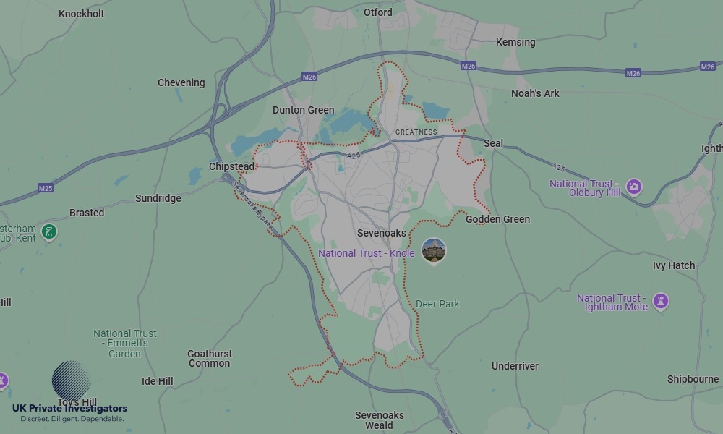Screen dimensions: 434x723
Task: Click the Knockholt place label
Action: (x=81, y=14)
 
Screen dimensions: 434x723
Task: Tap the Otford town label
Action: (x=378, y=12)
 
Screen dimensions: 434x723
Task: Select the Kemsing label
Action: (x=515, y=43)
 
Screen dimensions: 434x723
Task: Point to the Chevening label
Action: (x=181, y=82)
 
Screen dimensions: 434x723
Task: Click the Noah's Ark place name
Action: (x=535, y=93)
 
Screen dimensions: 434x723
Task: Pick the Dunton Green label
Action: (x=303, y=111)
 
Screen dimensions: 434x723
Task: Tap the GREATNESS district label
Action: (x=416, y=132)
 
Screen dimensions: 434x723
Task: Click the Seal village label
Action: (x=493, y=143)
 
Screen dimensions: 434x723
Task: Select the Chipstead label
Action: (x=231, y=166)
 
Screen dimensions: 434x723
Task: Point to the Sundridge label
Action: (x=158, y=198)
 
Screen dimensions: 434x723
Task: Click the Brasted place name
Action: (x=87, y=213)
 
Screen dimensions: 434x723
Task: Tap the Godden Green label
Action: (x=497, y=219)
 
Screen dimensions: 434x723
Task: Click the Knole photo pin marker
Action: (x=434, y=251)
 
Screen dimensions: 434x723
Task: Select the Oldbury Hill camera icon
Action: (x=634, y=187)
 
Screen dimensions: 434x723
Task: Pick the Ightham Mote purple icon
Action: (x=660, y=301)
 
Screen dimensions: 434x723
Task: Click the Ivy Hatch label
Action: (x=673, y=265)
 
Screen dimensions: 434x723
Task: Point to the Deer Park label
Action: (x=437, y=304)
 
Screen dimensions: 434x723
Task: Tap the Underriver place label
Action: (x=515, y=366)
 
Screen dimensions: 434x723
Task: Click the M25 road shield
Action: (x=46, y=188)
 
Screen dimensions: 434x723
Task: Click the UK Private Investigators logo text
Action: (x=69, y=409)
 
